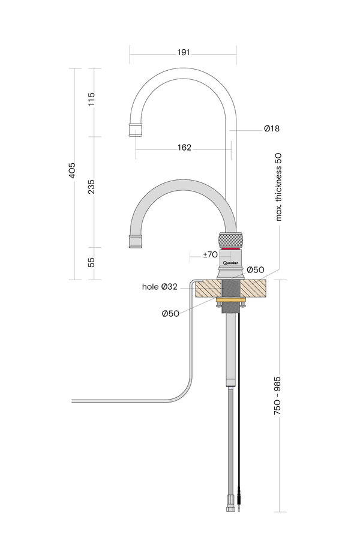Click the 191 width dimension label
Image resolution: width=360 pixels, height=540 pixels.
[x=184, y=52]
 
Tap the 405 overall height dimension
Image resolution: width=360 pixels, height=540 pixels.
[x=73, y=173]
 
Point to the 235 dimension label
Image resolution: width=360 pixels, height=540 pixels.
[x=91, y=187]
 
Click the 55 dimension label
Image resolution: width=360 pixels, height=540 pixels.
[x=91, y=262]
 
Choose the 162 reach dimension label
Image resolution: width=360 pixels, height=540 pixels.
[x=184, y=148]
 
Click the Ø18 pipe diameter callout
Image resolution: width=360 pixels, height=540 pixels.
[x=271, y=128]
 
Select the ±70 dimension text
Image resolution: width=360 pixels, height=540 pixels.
[x=210, y=255]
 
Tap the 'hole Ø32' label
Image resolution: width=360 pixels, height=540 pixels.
[x=159, y=287]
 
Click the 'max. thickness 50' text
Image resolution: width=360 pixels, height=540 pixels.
[x=278, y=187]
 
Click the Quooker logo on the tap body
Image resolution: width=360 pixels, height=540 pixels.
[x=231, y=263]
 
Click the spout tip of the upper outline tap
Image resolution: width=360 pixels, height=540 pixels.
[x=136, y=129]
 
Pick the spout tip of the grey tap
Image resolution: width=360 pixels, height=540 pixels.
[x=136, y=241]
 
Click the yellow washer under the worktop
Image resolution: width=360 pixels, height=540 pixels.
[x=230, y=301]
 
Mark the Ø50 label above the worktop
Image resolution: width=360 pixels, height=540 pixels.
[x=256, y=270]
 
